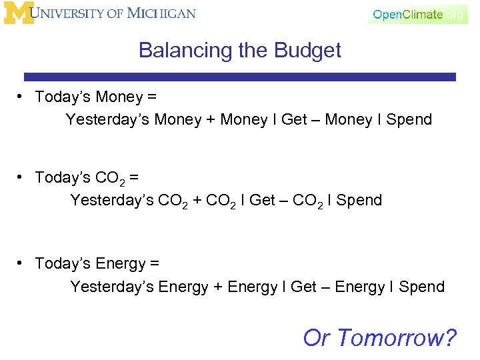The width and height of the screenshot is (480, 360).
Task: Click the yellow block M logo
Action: [x=18, y=13]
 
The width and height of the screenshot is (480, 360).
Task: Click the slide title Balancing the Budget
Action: [x=239, y=51]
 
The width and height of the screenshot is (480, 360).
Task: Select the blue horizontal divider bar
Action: [x=239, y=77]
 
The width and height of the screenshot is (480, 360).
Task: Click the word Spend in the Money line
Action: [x=409, y=120]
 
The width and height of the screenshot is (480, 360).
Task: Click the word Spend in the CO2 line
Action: [x=359, y=200]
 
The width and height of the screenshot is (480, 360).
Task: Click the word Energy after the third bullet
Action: [x=121, y=264]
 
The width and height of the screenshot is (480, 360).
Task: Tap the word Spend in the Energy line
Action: [x=421, y=287]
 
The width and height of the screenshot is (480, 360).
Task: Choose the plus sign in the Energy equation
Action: [x=218, y=287]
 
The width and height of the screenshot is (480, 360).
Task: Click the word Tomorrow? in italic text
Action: [x=397, y=338]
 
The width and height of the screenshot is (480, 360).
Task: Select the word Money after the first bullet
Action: [x=119, y=97]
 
